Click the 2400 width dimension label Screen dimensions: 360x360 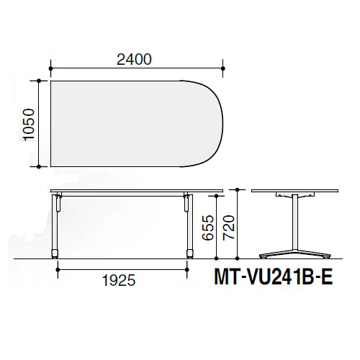click(134, 60)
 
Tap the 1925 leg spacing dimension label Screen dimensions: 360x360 click(119, 280)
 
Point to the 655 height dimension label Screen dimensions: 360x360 click(207, 228)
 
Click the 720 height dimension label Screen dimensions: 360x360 click(228, 228)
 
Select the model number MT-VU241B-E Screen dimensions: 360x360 click(273, 277)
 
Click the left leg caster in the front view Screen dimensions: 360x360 click(55, 254)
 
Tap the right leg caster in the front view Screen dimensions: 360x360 click(190, 254)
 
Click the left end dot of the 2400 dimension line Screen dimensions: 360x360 click(50, 68)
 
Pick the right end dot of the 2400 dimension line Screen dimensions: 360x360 click(223, 68)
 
